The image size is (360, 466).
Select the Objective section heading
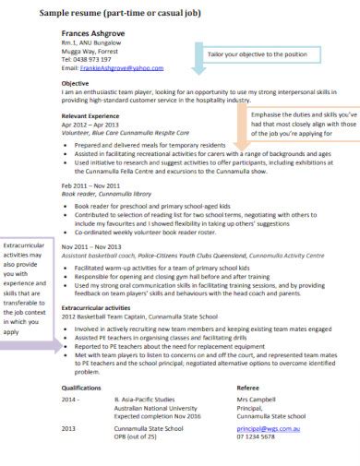pyautogui.click(x=75, y=82)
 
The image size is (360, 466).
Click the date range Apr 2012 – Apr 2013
pyautogui.click(x=90, y=124)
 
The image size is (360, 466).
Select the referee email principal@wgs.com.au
pyautogui.click(x=270, y=430)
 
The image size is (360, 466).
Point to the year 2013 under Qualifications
pyautogui.click(x=68, y=430)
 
